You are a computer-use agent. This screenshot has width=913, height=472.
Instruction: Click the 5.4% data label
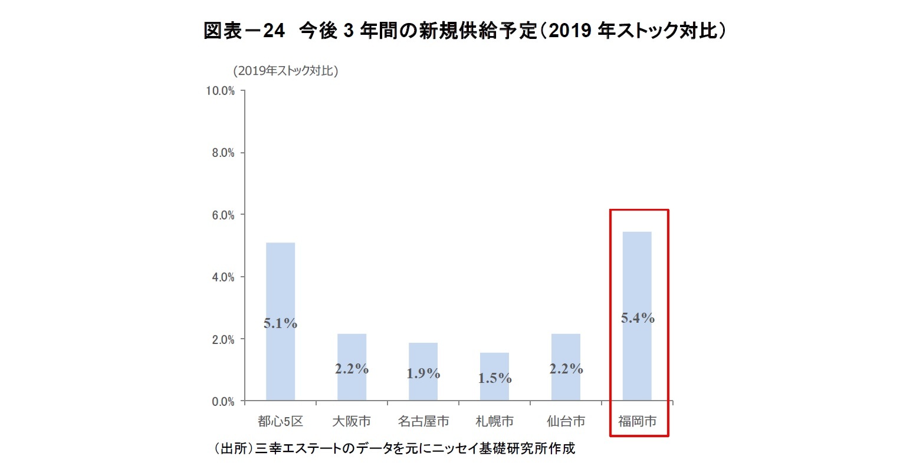point(638,318)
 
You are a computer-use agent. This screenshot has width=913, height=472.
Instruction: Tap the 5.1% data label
point(280,323)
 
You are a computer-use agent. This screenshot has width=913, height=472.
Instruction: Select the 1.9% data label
point(423,373)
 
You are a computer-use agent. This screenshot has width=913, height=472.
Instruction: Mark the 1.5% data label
point(494,378)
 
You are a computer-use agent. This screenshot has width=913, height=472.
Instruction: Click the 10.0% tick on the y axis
point(220,91)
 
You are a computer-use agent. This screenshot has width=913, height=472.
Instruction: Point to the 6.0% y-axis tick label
point(223,215)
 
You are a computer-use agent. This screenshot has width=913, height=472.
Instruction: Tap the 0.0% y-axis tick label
point(223,402)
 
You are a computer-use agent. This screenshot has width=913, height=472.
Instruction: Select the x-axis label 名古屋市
point(423,421)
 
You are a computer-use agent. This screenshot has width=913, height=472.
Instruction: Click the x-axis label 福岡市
point(637,421)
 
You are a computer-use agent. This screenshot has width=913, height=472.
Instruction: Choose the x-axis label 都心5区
point(280,421)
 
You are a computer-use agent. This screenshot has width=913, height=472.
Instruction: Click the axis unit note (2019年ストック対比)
point(285,71)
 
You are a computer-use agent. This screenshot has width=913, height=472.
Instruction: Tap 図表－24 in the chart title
point(244,31)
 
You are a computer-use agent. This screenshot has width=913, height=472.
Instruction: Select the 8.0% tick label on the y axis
point(223,153)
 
